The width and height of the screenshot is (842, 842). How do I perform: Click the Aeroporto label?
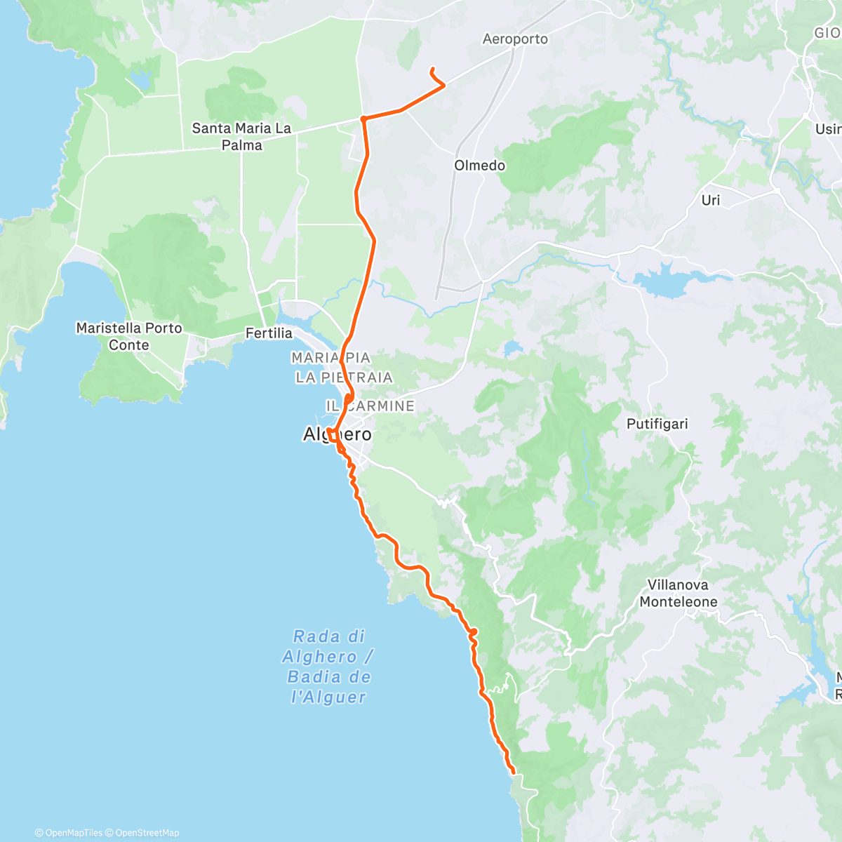click(515, 39)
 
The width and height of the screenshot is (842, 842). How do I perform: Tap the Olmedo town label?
click(479, 166)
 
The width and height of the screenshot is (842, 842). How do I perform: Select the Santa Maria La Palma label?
click(241, 137)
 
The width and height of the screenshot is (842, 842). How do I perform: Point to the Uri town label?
click(710, 200)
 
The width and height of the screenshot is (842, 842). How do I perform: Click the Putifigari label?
click(657, 424)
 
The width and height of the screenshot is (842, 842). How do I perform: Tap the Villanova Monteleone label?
click(678, 594)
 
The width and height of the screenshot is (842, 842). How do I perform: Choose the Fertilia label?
click(268, 333)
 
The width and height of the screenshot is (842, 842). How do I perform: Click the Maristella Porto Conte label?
click(129, 336)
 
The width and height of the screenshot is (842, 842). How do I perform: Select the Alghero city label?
click(337, 434)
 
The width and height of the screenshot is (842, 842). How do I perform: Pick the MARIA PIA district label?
click(330, 358)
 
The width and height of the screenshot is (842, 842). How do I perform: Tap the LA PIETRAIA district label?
click(344, 377)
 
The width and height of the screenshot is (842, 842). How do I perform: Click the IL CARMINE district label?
click(370, 406)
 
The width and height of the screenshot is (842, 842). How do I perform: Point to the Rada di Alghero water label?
click(328, 667)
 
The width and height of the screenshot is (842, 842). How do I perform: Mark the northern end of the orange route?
click(432, 68)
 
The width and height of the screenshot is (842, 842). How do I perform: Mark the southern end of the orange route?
click(514, 773)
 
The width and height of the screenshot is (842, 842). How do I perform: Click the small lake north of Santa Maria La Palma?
click(139, 82)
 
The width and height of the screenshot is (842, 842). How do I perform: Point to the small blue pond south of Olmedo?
click(513, 347)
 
